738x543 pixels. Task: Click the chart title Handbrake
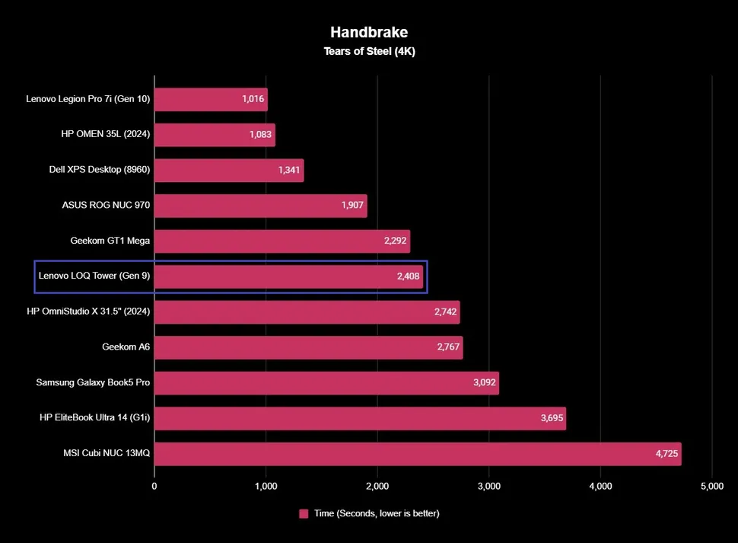[x=368, y=32]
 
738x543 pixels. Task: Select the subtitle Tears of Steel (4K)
[x=368, y=52]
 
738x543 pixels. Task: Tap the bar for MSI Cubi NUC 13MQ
[x=418, y=454]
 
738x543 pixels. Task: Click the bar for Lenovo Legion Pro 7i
[x=211, y=99]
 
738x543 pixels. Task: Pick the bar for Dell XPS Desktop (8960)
[x=229, y=170]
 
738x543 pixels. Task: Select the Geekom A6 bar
[x=308, y=347]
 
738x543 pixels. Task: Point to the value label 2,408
[x=409, y=276]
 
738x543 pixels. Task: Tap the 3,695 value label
[x=552, y=418]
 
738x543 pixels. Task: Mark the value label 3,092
[x=485, y=383]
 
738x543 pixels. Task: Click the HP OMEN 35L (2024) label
[x=106, y=134]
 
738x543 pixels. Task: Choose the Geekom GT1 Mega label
[x=110, y=241]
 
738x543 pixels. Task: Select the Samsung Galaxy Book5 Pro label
[x=93, y=382]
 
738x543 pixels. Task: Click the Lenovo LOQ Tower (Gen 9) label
[x=94, y=276]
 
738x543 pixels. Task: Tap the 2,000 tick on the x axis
[x=377, y=485]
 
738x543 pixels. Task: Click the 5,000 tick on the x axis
[x=711, y=485]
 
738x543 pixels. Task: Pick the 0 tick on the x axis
[x=154, y=485]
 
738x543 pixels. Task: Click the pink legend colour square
[x=304, y=513]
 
